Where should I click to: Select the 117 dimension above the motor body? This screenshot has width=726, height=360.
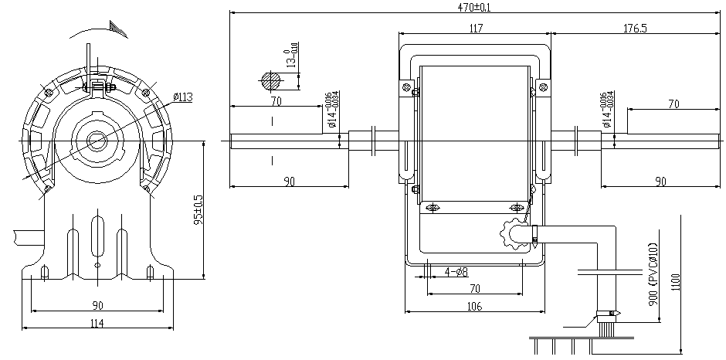475,29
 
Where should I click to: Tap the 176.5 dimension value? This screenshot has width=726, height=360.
634,29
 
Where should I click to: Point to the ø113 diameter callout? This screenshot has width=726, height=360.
182,97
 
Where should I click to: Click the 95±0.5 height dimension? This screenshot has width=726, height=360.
197,209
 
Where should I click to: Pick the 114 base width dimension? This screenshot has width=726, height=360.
97,323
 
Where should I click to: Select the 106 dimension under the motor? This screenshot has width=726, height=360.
474,307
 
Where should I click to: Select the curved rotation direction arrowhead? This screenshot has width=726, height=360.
117,29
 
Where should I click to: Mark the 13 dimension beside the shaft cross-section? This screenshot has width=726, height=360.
292,59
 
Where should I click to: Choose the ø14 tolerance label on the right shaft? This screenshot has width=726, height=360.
607,110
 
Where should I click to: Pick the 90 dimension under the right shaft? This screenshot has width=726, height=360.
660,182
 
